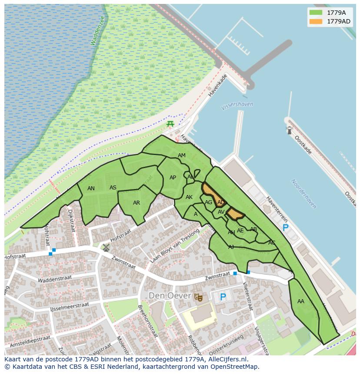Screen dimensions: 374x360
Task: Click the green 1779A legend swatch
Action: (316, 13)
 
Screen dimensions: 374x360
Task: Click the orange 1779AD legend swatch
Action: (316, 21)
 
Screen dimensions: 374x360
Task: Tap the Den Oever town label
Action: (170, 296)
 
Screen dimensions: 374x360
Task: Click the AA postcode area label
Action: (301, 301)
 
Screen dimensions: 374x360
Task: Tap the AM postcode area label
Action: (182, 156)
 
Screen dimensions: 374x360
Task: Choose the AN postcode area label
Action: (91, 189)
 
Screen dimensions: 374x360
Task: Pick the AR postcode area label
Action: (137, 203)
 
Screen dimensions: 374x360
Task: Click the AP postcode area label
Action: (173, 178)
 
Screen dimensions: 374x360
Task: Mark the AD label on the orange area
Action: (221, 202)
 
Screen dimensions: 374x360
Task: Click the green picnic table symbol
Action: (170, 124)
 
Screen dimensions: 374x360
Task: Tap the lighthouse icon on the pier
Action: (289, 130)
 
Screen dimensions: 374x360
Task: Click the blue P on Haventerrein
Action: (285, 228)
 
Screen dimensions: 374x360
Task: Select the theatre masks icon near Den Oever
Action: (199, 297)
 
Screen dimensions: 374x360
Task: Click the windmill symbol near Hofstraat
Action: (106, 248)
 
